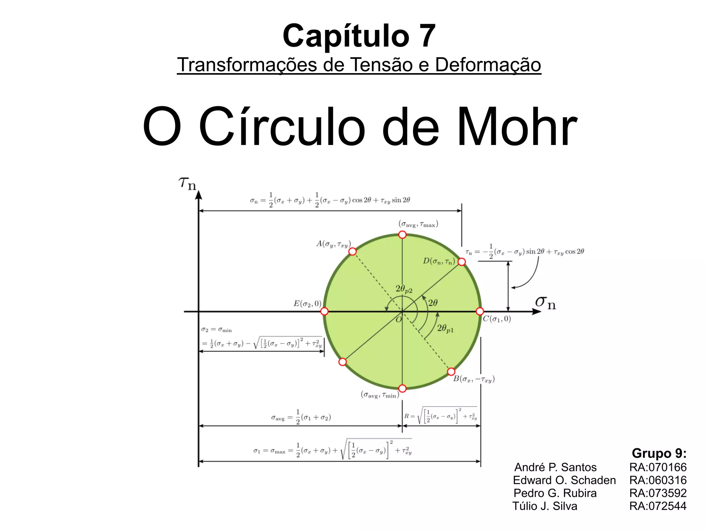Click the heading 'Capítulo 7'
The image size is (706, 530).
click(x=359, y=36)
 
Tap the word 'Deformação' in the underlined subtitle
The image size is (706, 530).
click(x=488, y=65)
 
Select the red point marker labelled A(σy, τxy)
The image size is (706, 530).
click(x=352, y=252)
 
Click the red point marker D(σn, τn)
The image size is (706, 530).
click(x=462, y=262)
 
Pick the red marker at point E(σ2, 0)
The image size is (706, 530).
click(x=324, y=312)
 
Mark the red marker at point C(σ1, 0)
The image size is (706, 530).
click(x=480, y=312)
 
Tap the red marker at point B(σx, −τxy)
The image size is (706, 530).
click(x=451, y=372)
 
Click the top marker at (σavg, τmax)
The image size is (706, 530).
click(x=402, y=235)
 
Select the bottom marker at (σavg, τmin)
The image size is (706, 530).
click(x=402, y=389)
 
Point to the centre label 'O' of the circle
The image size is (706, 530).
click(x=399, y=320)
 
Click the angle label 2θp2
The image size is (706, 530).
click(x=404, y=289)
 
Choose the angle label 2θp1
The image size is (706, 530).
click(x=445, y=328)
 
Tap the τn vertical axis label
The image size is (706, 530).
click(x=187, y=183)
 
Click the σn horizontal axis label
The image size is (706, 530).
click(x=545, y=303)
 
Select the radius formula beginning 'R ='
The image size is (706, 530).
click(x=441, y=416)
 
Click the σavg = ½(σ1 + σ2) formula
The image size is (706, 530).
click(x=301, y=417)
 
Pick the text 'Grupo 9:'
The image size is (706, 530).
click(x=659, y=453)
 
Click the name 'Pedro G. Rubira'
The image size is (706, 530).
click(x=555, y=493)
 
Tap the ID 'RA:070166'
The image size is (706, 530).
click(x=658, y=467)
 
